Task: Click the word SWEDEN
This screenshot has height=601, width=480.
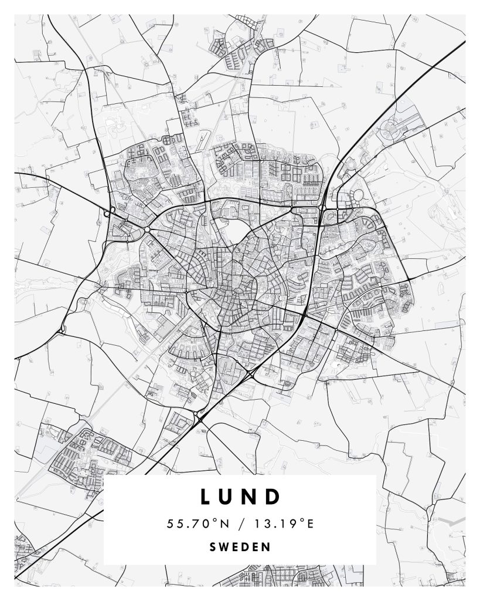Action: (x=240, y=547)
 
